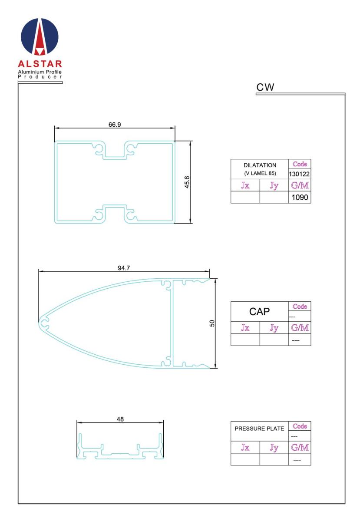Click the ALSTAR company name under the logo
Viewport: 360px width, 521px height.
tap(40, 64)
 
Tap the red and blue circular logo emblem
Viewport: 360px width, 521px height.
tap(40, 37)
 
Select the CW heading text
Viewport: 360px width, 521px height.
tap(265, 87)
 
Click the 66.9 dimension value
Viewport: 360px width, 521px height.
tap(115, 125)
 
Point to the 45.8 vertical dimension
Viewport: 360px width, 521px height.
tap(187, 182)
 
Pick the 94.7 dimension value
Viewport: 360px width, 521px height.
tap(124, 268)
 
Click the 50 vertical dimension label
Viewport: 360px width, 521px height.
tap(212, 323)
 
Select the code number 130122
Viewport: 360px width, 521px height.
tap(299, 174)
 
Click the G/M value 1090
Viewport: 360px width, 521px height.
tap(300, 197)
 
